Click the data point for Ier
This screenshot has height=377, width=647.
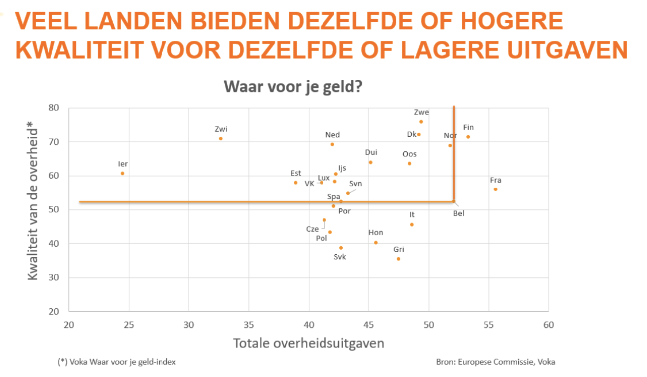[x=122, y=173]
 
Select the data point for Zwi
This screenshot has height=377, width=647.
[x=221, y=138]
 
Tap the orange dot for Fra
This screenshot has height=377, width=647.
[x=495, y=189]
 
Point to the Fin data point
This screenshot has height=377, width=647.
[x=468, y=137]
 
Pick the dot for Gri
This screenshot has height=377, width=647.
[x=398, y=259]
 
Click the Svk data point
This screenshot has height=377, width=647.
[x=341, y=248]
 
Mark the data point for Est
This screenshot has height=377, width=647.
[x=296, y=183]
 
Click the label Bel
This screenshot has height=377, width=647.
[x=459, y=214]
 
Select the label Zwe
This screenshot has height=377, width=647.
[x=421, y=112]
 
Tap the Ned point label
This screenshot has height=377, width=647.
[x=332, y=135]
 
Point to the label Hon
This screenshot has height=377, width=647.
[x=376, y=233]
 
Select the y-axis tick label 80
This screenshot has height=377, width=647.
[x=54, y=108]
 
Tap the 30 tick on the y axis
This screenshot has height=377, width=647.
[x=54, y=278]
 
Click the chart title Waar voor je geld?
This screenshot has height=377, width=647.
[x=293, y=87]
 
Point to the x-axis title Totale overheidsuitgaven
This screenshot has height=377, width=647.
[x=309, y=344]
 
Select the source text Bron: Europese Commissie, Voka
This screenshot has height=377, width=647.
[x=495, y=362]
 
